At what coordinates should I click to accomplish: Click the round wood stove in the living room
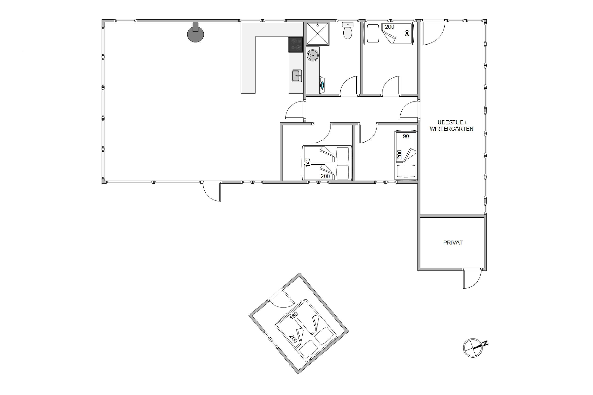[x=195, y=34]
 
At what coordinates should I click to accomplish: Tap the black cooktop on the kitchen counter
[x=296, y=45]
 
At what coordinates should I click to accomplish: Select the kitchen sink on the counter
[x=296, y=76]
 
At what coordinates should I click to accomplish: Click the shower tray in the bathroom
[x=318, y=34]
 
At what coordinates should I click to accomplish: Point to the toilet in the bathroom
[x=348, y=31]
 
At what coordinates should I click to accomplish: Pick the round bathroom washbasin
[x=313, y=55]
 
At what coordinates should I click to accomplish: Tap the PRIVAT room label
[x=453, y=243]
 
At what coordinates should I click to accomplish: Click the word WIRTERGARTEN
[x=451, y=129]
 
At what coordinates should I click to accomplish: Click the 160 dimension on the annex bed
[x=294, y=316]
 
